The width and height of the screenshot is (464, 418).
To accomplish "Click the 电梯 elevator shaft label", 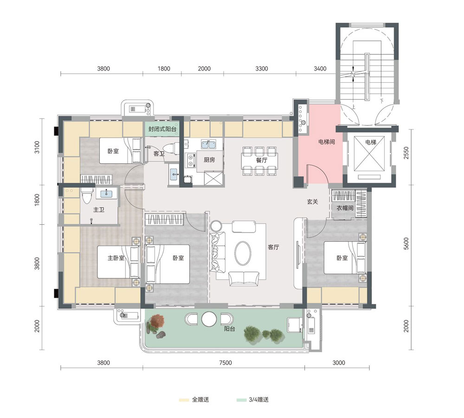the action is (370, 142).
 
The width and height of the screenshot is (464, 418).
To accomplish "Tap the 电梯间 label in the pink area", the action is (326, 142).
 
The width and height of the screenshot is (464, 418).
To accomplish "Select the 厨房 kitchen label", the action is (209, 160).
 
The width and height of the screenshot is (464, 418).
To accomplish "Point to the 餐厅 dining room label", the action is (262, 160).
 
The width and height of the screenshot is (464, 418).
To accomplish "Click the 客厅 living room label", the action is (273, 247).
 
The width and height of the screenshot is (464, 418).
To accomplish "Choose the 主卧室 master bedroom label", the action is (116, 258).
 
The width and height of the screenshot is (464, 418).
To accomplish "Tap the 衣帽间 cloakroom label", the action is (345, 208).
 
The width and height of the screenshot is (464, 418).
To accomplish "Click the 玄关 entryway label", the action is (312, 202).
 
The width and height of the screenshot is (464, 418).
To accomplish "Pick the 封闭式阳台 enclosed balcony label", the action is (162, 129).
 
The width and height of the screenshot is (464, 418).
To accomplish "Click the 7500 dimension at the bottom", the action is (226, 363).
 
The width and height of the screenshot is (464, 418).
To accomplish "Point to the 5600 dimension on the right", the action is (406, 243).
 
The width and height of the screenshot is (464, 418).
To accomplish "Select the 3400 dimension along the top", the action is (320, 69).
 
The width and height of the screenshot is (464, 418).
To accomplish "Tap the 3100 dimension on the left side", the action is (37, 147).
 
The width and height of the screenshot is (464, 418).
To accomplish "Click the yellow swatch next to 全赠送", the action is (184, 400).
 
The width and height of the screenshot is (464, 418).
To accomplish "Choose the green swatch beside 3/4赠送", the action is (241, 400).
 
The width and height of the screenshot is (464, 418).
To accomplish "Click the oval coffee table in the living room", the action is (243, 253).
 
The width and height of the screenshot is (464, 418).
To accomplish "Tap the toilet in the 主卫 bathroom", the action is (87, 195).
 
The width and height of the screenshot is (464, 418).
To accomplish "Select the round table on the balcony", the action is (209, 319).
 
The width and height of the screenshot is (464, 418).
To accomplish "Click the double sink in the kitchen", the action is (209, 144).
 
